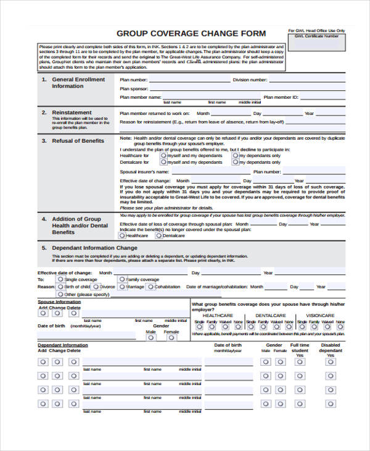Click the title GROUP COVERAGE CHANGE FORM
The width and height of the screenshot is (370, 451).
coord(191,33)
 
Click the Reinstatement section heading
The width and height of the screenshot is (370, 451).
coord(71,112)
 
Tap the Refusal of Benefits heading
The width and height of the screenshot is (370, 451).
coord(78,141)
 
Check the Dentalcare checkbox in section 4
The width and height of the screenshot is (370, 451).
coord(158,235)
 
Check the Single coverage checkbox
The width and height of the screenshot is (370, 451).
coord(60,280)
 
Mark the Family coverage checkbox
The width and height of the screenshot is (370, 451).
coord(122,280)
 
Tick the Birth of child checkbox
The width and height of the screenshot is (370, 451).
coord(60,287)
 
